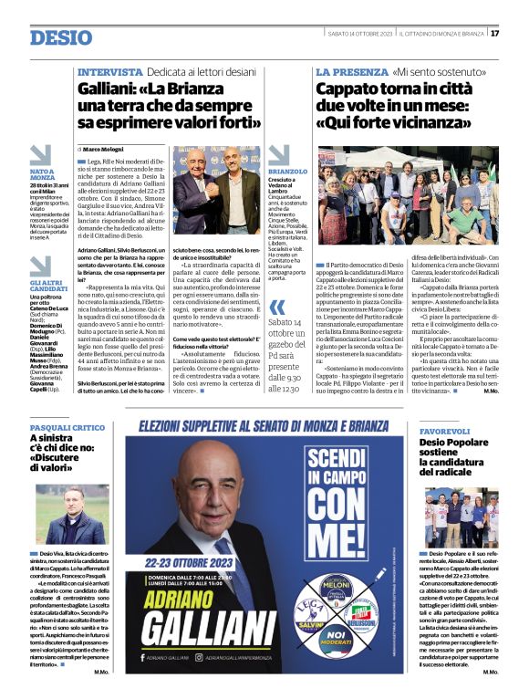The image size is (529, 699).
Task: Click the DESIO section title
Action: pos(61,37)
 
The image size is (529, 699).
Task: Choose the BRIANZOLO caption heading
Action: pos(289,171)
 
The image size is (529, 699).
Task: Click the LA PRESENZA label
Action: pos(352,71)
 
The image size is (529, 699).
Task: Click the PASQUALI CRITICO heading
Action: pos(67,427)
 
